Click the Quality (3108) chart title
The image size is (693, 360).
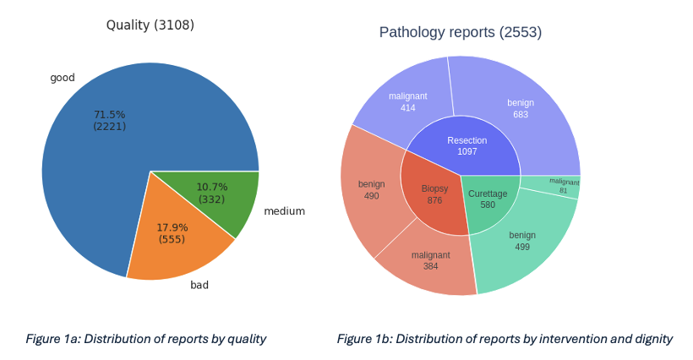pyautogui.click(x=150, y=25)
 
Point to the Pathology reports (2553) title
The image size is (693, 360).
pyautogui.click(x=460, y=32)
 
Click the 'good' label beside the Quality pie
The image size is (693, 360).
pyautogui.click(x=63, y=78)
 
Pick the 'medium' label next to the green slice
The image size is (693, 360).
pyautogui.click(x=284, y=211)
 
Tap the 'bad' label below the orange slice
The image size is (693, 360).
pyautogui.click(x=199, y=285)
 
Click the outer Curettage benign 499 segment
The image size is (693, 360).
pyautogui.click(x=522, y=240)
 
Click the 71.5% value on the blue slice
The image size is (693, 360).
pyautogui.click(x=109, y=114)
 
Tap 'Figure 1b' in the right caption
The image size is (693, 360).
pyautogui.click(x=364, y=339)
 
